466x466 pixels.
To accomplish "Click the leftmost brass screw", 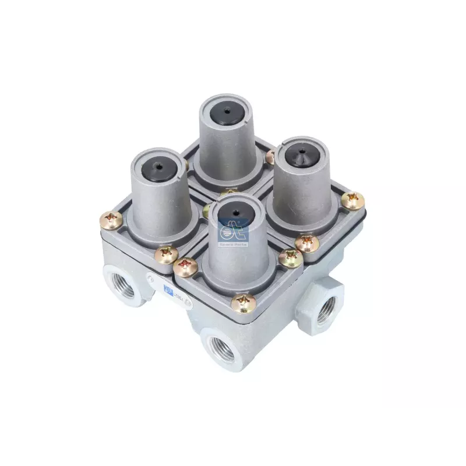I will coord(111,220).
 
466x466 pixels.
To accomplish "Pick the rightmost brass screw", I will coord(352,201).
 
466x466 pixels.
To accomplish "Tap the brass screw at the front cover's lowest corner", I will coord(243,302).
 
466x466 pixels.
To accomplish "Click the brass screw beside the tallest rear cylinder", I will coord(270,156).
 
